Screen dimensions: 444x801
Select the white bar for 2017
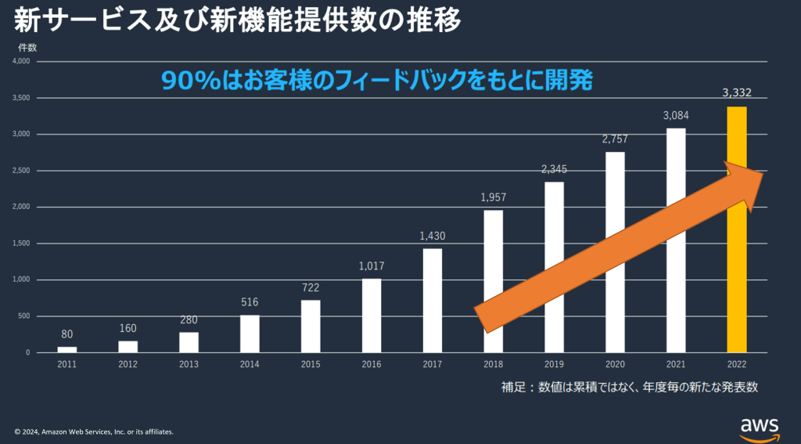point(433,301)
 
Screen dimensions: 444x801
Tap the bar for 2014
point(250,334)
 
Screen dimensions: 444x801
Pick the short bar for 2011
point(67,349)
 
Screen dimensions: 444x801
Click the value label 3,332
point(737,93)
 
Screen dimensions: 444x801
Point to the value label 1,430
point(433,236)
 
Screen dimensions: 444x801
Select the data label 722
point(311,287)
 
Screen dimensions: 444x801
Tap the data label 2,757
point(615,139)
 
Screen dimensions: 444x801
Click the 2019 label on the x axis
point(554,364)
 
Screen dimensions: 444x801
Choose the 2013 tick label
point(189,364)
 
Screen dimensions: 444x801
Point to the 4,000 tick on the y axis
point(21,61)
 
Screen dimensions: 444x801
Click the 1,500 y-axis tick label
point(21,244)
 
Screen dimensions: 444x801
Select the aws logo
point(760,427)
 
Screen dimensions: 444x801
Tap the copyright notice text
point(94,431)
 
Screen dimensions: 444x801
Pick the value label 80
point(67,334)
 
